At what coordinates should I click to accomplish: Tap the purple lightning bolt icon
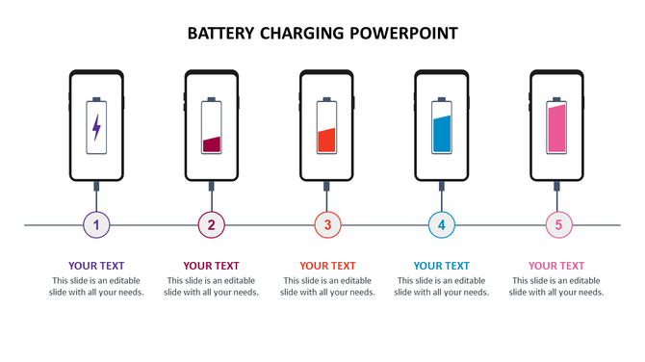pyautogui.click(x=96, y=127)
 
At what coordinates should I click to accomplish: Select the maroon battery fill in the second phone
pyautogui.click(x=211, y=144)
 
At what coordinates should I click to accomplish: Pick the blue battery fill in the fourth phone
pyautogui.click(x=442, y=134)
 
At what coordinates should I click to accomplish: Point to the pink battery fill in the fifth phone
pyautogui.click(x=556, y=129)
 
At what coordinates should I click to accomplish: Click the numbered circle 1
pyautogui.click(x=96, y=225)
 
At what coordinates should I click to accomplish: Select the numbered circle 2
pyautogui.click(x=211, y=225)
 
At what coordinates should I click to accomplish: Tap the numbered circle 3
pyautogui.click(x=327, y=225)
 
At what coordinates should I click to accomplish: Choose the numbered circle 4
pyautogui.click(x=442, y=225)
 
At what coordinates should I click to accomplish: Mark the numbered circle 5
pyautogui.click(x=558, y=225)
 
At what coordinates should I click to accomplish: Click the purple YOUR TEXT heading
pyautogui.click(x=96, y=266)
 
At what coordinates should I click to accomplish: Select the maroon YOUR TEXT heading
pyautogui.click(x=211, y=266)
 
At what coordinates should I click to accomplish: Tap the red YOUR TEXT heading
pyautogui.click(x=327, y=266)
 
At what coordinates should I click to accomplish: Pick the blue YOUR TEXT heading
pyautogui.click(x=442, y=266)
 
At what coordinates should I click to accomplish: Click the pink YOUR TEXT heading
pyautogui.click(x=556, y=266)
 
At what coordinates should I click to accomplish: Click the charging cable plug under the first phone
pyautogui.click(x=96, y=185)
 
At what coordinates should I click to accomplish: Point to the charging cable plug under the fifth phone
pyautogui.click(x=557, y=185)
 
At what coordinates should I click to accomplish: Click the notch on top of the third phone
pyautogui.click(x=326, y=74)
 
